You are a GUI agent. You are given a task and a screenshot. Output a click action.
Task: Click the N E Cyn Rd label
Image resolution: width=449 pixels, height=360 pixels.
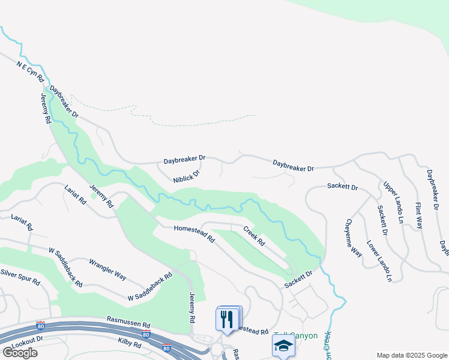pos(31,71)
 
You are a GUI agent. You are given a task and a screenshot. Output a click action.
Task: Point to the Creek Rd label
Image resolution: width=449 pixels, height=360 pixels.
pos(254,235)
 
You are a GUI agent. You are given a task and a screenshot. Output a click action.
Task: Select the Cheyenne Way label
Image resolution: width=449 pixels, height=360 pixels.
pos(352,237)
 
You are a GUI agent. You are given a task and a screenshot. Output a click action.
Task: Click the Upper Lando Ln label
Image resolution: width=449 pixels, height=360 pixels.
pos(393,202)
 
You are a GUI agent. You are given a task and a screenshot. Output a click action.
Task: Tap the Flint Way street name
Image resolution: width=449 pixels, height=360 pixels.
pos(419,215)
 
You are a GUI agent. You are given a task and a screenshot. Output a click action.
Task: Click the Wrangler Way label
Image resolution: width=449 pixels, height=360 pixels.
pos(107,270)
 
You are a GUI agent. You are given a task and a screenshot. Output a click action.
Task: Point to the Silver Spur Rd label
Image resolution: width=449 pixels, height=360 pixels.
pos(20,277)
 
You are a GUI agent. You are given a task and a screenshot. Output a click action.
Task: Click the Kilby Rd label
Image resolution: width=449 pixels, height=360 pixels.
pos(129,344)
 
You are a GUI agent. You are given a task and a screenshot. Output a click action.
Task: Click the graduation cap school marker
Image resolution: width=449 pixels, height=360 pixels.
pos(283,346)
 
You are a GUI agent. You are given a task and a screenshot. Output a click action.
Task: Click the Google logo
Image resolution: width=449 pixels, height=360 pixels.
pos(20,353)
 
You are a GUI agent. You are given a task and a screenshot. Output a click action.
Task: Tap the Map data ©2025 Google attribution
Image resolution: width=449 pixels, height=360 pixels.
pos(411,355)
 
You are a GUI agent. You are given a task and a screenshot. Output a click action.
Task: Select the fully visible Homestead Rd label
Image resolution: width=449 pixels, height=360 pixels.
pos(194,233)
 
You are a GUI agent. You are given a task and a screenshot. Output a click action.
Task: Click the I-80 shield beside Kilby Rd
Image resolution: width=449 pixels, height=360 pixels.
pos(166,347)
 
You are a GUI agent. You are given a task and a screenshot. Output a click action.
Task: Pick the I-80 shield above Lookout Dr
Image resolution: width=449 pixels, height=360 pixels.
pos(40,326)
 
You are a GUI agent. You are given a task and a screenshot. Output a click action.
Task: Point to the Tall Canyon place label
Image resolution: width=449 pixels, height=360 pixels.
pos(295,336)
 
